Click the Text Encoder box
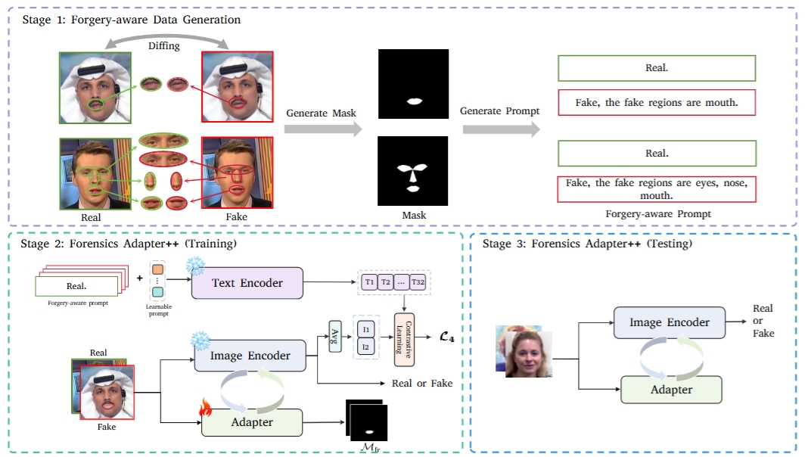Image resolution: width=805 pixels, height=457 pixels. pyautogui.click(x=247, y=283)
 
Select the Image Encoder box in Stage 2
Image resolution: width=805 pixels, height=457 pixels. pyautogui.click(x=250, y=356)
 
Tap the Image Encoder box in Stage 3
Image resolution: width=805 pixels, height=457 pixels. pyautogui.click(x=670, y=322)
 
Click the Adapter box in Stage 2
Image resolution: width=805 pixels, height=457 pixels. pyautogui.click(x=252, y=421)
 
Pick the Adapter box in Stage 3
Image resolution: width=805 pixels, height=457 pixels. pyautogui.click(x=671, y=389)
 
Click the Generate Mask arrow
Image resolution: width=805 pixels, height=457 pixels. pyautogui.click(x=322, y=129)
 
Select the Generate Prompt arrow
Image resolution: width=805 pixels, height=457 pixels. pyautogui.click(x=500, y=129)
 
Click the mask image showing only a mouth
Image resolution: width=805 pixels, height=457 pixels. pyautogui.click(x=413, y=84)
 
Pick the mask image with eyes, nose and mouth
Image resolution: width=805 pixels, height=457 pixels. pyautogui.click(x=413, y=170)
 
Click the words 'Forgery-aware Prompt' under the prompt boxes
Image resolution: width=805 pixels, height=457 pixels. pyautogui.click(x=657, y=214)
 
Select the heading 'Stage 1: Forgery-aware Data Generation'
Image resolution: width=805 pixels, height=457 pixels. pyautogui.click(x=130, y=20)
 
